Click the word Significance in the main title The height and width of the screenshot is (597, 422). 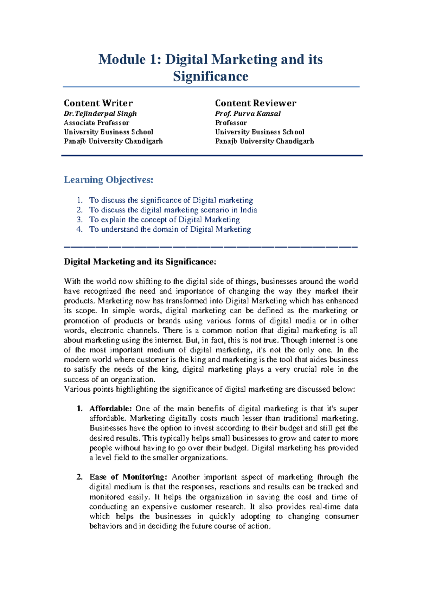coord(210,76)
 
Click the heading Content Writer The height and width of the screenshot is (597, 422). coord(98,103)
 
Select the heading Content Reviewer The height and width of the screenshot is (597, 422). coord(256,103)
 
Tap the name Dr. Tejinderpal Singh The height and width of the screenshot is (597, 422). coord(100,114)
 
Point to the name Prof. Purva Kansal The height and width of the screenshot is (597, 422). coord(248,114)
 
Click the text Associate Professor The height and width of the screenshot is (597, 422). coord(96,123)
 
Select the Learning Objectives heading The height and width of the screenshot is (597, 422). coord(109,180)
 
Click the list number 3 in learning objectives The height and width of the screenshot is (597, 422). coord(79,220)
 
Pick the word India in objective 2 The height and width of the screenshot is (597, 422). coord(249,210)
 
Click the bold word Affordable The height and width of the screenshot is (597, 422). coord(110,409)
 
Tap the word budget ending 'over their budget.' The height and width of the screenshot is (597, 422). coord(236,448)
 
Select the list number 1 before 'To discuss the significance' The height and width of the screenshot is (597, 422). coord(79,200)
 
